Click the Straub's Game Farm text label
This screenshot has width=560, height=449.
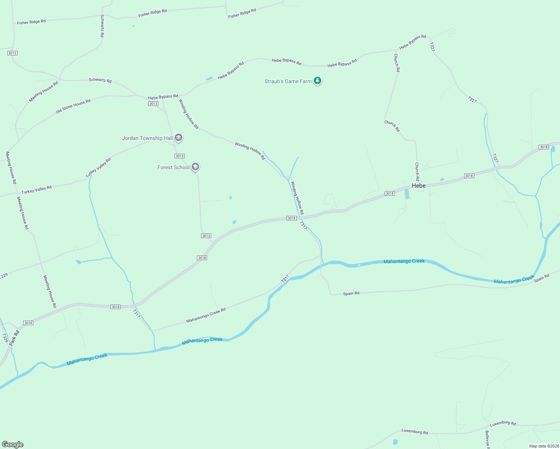(288, 81)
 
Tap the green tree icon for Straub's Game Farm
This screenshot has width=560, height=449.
(317, 80)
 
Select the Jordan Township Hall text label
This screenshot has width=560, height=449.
(147, 138)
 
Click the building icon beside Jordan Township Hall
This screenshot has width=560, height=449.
(179, 138)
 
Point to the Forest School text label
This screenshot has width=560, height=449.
(174, 167)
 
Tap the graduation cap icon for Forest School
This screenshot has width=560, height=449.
(195, 167)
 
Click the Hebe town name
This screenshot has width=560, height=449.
(419, 186)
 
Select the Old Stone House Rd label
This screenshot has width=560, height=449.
(73, 106)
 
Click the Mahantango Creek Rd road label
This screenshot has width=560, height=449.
(206, 315)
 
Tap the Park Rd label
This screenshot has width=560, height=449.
(14, 337)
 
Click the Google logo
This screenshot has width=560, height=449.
(13, 444)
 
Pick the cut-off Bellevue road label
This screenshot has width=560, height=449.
(487, 440)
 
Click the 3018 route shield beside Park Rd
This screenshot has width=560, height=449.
(28, 323)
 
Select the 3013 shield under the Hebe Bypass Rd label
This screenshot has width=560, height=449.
(153, 104)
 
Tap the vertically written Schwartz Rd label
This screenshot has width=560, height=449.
(102, 25)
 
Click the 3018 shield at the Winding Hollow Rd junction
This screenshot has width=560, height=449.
(292, 218)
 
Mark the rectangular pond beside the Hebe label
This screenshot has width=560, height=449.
(407, 193)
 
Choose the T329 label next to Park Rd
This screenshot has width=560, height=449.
(5, 338)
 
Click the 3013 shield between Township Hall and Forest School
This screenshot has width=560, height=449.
(179, 156)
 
